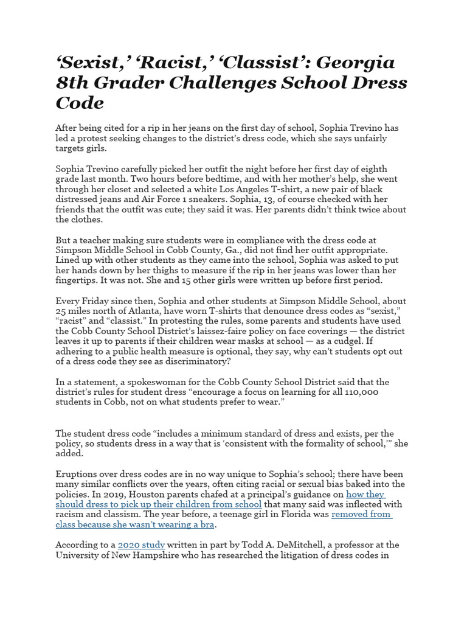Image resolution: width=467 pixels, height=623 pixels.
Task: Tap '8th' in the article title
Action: point(76,83)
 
